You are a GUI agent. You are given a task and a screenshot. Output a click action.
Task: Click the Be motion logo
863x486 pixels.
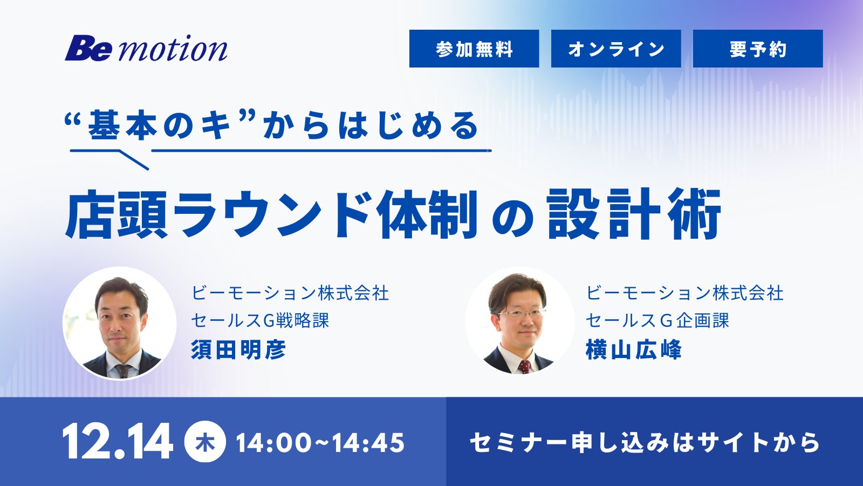pos(146,48)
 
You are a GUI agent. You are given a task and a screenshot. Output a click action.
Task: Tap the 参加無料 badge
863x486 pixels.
pos(474,49)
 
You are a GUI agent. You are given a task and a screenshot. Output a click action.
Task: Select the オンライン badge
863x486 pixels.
pos(616,49)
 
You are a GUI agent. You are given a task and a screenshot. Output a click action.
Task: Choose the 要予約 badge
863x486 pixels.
pos(758,49)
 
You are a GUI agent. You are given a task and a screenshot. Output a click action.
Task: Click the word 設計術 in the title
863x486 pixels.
pos(634,214)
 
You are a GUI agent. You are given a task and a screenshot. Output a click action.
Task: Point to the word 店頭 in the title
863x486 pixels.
pos(117,214)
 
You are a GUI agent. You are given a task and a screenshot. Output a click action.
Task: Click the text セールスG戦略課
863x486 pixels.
pos(260,321)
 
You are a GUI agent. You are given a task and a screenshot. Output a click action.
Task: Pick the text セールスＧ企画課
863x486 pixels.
pos(657,321)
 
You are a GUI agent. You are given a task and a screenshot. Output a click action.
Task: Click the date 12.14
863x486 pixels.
pos(118,441)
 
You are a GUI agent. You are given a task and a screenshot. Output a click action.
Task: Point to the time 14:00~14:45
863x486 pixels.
pos(320,442)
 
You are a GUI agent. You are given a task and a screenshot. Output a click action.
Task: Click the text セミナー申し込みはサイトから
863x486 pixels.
pos(644,442)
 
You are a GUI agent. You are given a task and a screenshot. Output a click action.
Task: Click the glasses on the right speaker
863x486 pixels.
pos(521,313)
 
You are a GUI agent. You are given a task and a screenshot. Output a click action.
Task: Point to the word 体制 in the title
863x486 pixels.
pos(427,214)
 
